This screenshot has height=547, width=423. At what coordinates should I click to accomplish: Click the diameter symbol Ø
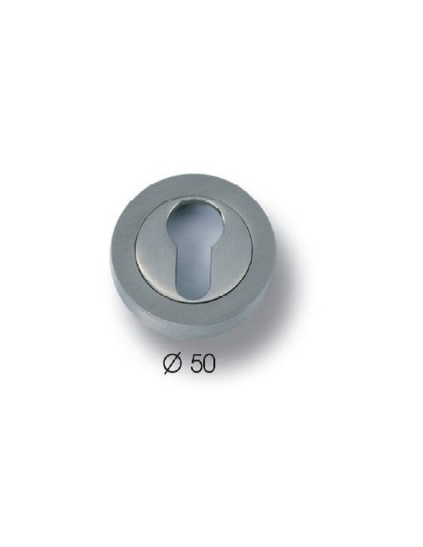pyautogui.click(x=172, y=363)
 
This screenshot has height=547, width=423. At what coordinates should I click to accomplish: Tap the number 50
pyautogui.click(x=202, y=364)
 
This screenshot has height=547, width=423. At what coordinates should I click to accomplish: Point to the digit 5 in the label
pyautogui.click(x=196, y=364)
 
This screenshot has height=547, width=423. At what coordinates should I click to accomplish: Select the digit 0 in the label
pyautogui.click(x=209, y=364)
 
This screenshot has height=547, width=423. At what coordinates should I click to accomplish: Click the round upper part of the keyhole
pyautogui.click(x=189, y=222)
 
